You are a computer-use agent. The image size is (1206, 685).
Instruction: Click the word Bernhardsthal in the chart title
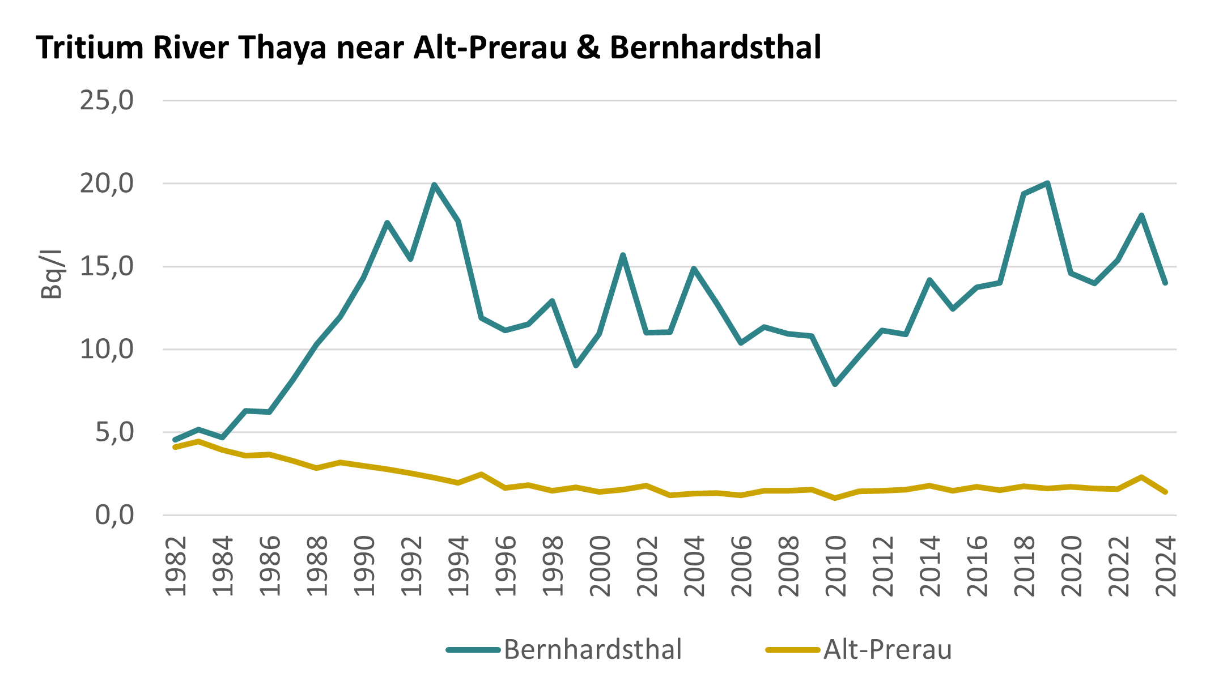pos(715,48)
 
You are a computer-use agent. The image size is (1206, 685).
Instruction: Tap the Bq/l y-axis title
pos(51,274)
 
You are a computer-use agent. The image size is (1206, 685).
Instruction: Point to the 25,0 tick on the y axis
pos(107,101)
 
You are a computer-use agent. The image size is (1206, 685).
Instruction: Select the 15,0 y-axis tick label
pos(107,267)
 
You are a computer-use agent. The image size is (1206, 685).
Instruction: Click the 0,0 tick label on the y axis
pos(114,516)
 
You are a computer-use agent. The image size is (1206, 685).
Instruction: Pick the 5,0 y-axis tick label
pos(114,433)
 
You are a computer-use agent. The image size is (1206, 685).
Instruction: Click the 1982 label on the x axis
pos(176,566)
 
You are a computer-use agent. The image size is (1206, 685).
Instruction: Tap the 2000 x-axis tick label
pos(600,566)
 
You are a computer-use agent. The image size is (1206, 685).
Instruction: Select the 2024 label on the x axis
pos(1166,566)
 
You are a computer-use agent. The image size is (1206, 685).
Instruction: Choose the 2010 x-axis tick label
pos(836,566)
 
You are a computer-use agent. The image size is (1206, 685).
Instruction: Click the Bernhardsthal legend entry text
pos(592,650)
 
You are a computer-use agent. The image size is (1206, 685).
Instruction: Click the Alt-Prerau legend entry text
pos(887,650)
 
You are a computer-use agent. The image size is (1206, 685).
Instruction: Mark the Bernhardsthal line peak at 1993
pos(434,185)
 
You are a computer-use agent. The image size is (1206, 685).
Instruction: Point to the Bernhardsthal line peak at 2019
pos(1048,183)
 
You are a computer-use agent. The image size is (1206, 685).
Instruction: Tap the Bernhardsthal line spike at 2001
pos(623,255)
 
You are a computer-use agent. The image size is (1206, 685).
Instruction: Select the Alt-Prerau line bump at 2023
pos(1141,477)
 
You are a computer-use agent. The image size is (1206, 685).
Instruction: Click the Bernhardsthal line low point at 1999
pos(576,366)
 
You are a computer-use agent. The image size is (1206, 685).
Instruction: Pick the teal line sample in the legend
pos(473,650)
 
